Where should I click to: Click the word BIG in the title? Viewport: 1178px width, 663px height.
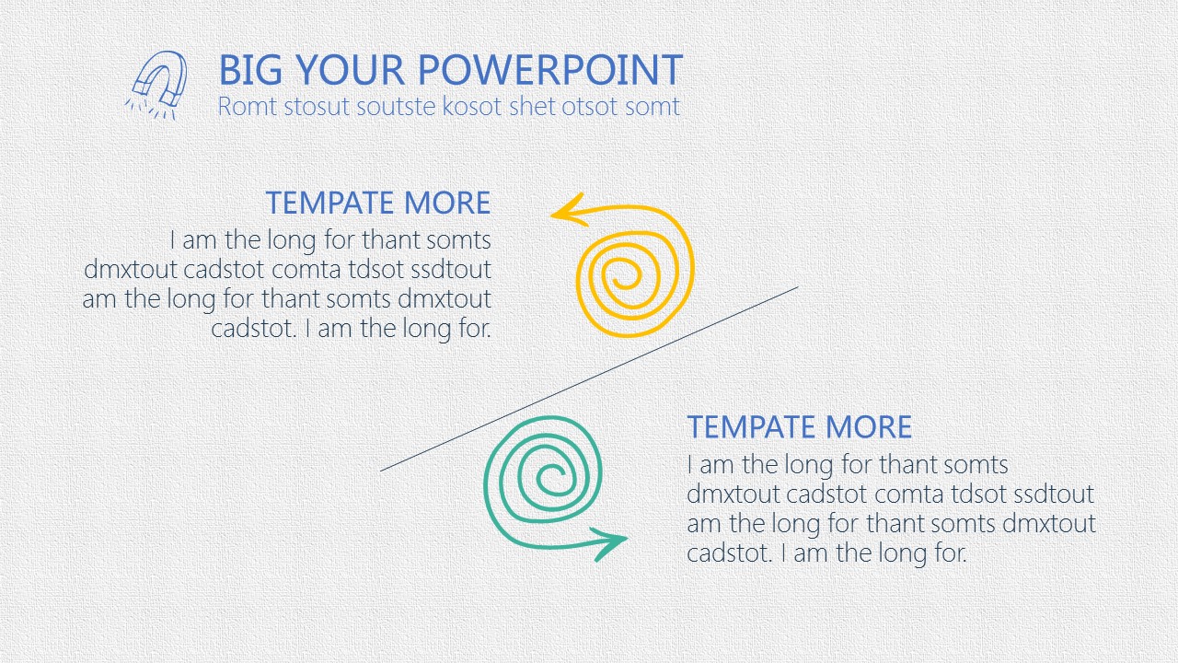[x=250, y=70]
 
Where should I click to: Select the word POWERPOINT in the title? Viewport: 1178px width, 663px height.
[x=550, y=70]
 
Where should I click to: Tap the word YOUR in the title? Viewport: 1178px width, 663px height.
[x=350, y=70]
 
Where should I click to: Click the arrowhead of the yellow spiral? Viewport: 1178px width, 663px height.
[x=568, y=211]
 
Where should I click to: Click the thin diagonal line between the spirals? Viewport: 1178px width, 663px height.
[x=589, y=378]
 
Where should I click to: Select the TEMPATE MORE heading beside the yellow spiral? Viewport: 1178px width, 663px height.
[x=378, y=203]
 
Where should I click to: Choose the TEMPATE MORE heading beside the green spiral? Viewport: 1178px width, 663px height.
[x=800, y=426]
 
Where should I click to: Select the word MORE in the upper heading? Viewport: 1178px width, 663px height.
[x=447, y=203]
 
